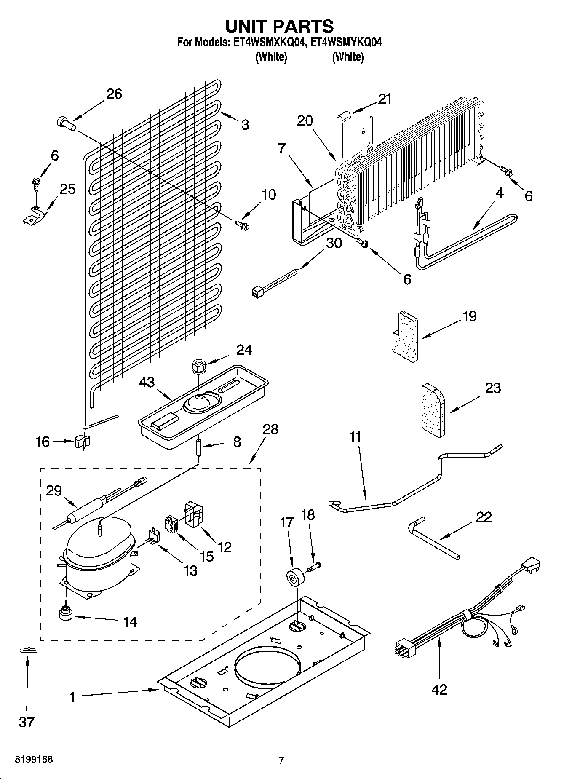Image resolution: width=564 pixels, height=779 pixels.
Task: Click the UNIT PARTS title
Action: click(x=279, y=26)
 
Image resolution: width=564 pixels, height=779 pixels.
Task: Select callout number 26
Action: click(x=114, y=94)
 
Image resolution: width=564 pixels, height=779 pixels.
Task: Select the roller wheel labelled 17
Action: click(x=295, y=576)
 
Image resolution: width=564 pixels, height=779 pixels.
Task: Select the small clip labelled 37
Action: click(x=28, y=651)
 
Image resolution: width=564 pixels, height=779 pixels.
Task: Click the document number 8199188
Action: click(x=34, y=760)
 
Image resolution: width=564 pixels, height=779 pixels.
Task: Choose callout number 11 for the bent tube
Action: click(x=355, y=436)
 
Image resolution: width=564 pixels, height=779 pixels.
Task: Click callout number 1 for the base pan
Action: click(x=72, y=697)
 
